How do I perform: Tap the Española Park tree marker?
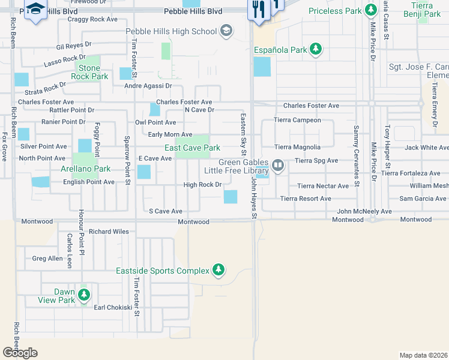click(x=316, y=50)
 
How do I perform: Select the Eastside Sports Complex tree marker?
click(x=219, y=271)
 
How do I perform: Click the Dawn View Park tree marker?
click(x=85, y=295)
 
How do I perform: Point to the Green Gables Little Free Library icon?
click(x=278, y=164)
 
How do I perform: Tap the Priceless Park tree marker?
click(x=372, y=11)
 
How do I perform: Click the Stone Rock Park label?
click(x=90, y=72)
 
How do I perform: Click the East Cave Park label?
click(x=193, y=148)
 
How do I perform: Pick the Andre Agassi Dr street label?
click(x=149, y=86)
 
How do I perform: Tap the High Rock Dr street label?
click(x=202, y=185)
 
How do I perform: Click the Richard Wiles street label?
click(x=109, y=231)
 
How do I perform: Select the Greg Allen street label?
click(x=47, y=259)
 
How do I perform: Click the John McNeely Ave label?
click(x=364, y=211)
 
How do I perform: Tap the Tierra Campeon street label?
click(x=298, y=120)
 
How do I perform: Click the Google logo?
click(x=20, y=353)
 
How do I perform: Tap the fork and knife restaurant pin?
click(x=259, y=10)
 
